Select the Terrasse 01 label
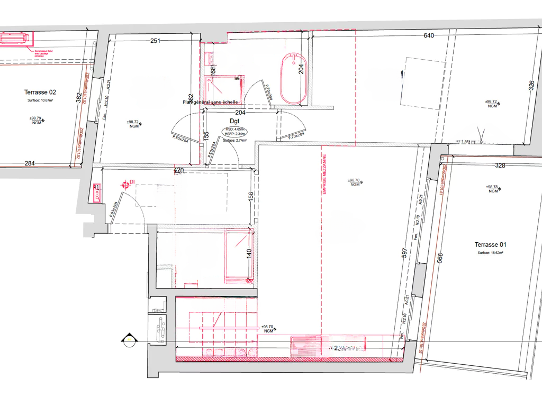click(x=490, y=245)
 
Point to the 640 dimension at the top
click(x=429, y=36)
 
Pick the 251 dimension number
click(x=155, y=41)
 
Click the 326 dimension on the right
click(x=532, y=86)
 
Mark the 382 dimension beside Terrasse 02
click(x=79, y=98)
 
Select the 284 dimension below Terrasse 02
click(x=30, y=163)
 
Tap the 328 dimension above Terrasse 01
click(x=500, y=165)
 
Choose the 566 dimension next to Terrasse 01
click(x=439, y=259)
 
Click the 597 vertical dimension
click(x=404, y=253)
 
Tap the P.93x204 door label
click(x=113, y=210)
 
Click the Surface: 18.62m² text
click(x=490, y=253)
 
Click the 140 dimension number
click(x=248, y=254)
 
